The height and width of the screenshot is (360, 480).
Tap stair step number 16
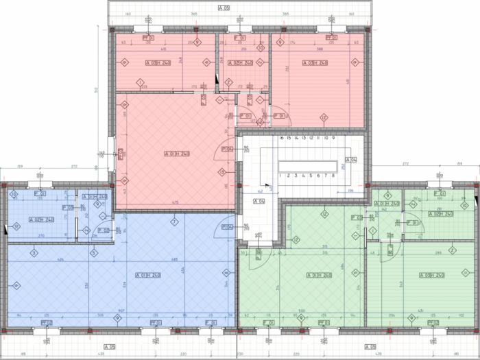[x=281, y=138]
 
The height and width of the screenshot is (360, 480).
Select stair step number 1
[x=281, y=176]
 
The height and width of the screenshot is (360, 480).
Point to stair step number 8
[x=333, y=176]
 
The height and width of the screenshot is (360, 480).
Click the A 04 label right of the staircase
[x=350, y=160]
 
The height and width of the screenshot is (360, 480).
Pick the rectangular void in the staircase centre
[x=308, y=165]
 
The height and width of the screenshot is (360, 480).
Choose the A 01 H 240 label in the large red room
[x=176, y=153]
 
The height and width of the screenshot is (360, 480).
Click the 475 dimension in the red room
[x=176, y=202]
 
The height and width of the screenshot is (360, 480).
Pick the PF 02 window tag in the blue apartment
[x=47, y=322]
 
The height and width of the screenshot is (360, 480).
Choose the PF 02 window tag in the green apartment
[x=432, y=322]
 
